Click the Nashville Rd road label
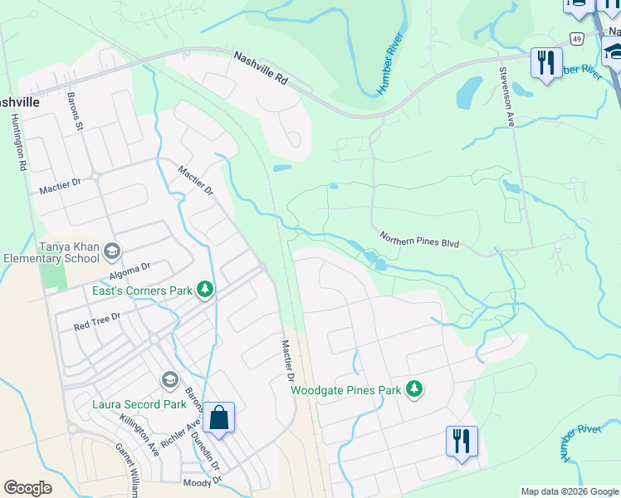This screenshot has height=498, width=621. [260, 69]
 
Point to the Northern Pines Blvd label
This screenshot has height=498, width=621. [419, 240]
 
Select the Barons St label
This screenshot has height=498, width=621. [76, 111]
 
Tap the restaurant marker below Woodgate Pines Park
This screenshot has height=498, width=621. [462, 441]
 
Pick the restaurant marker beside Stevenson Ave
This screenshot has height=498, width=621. [545, 63]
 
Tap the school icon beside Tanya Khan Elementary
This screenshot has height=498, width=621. [113, 251]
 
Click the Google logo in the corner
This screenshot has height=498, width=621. [28, 488]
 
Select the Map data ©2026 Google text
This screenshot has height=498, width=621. [569, 491]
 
